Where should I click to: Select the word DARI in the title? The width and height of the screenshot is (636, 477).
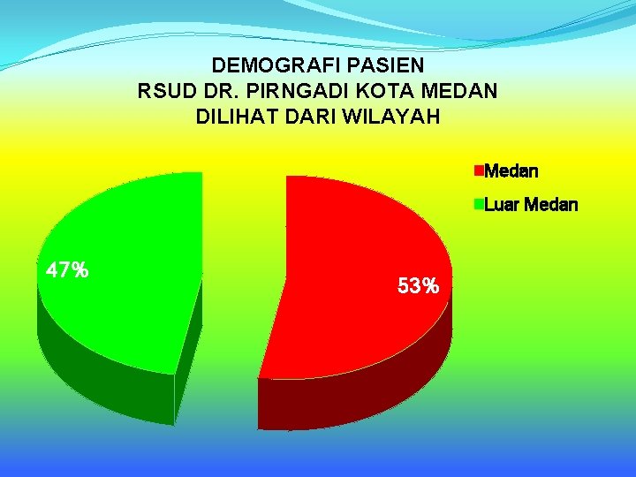tap(305, 117)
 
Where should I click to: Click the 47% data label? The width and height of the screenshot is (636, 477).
tap(66, 270)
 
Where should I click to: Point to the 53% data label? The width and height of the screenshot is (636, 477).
tap(418, 286)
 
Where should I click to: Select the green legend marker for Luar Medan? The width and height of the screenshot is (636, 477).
tap(479, 205)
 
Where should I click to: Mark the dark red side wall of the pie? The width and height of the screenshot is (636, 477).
tap(353, 397)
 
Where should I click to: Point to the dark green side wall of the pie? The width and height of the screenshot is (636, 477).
tap(97, 371)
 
